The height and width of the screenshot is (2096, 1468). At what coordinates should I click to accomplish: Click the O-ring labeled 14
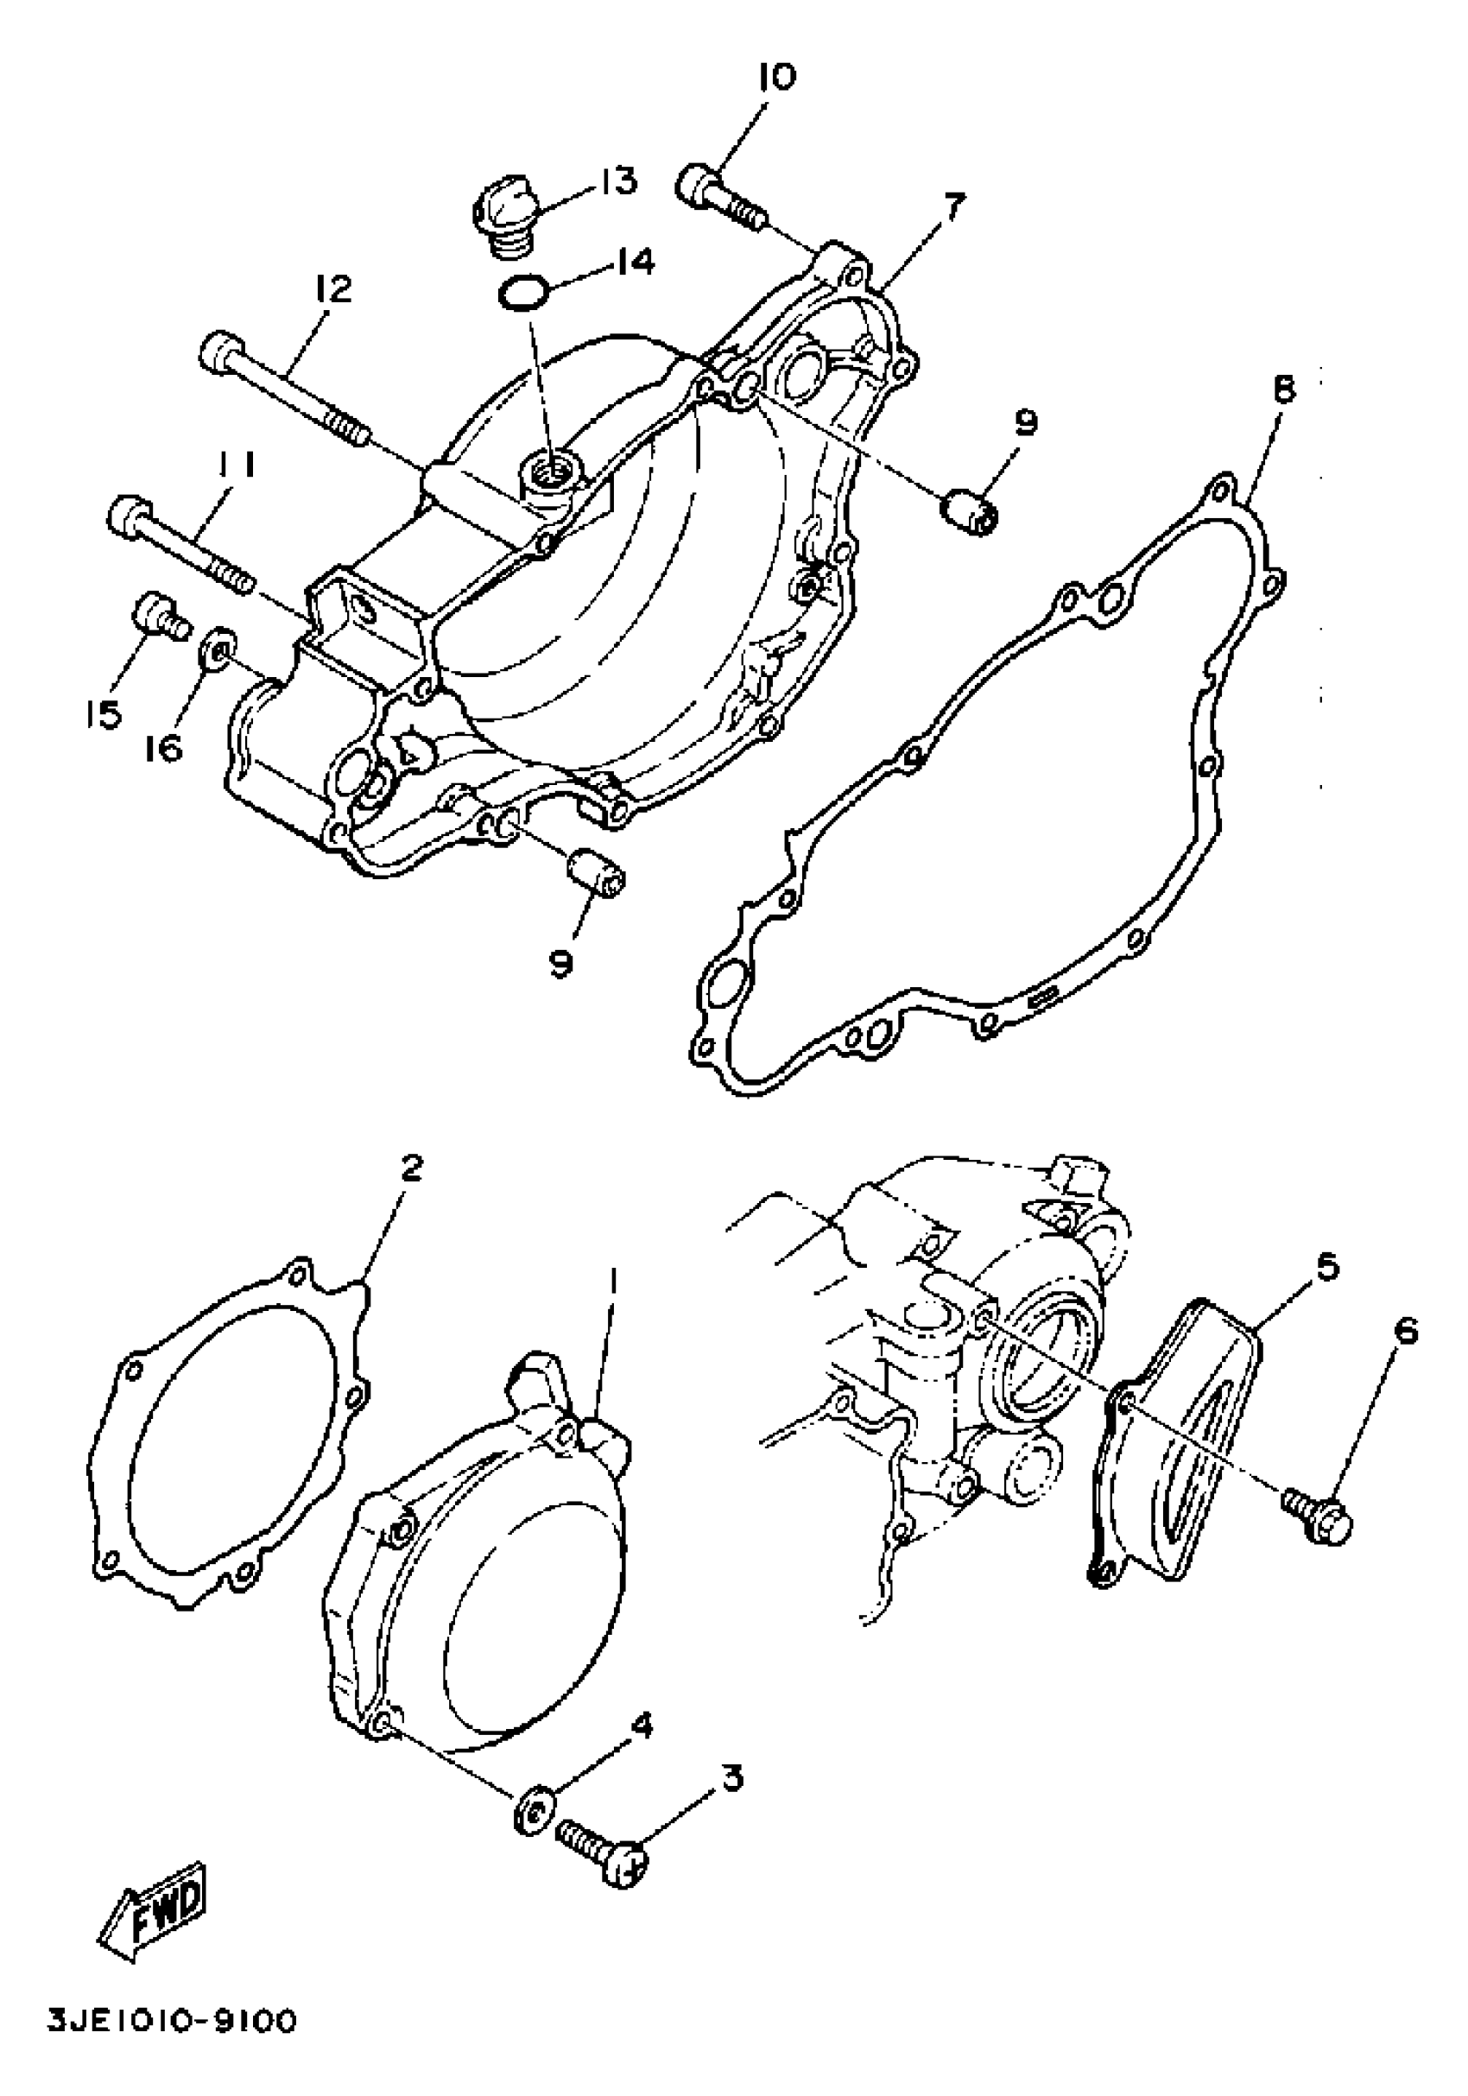pos(523,294)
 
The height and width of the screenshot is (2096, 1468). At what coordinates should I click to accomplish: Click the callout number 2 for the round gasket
pos(412,1168)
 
